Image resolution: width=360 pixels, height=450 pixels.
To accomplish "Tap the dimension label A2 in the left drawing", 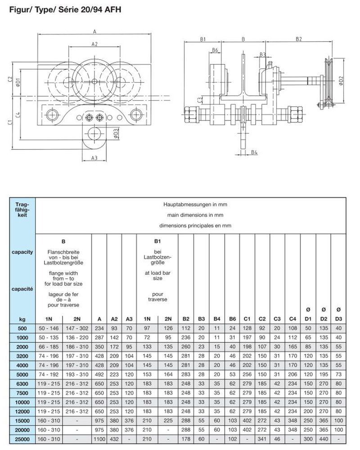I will [94, 45].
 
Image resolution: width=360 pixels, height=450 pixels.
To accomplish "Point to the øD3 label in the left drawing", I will [116, 134].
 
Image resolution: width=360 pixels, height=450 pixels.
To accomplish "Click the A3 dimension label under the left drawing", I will [94, 158].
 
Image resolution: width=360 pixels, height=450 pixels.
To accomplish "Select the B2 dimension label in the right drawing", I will [299, 40].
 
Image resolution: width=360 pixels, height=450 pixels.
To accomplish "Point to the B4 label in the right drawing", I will [254, 152].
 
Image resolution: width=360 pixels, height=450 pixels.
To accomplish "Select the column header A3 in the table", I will [129, 319].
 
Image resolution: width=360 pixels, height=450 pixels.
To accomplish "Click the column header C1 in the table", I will [247, 319].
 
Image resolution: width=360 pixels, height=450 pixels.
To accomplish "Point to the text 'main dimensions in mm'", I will [195, 215].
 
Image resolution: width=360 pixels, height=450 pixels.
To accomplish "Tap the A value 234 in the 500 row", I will [99, 328].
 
